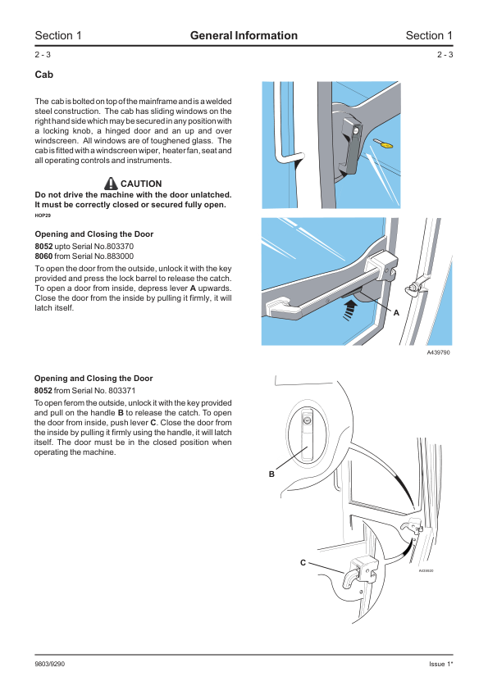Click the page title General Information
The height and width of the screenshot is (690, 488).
coord(244,35)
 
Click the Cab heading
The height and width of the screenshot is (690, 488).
coord(44,75)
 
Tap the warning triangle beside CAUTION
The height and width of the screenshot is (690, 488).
coord(111,183)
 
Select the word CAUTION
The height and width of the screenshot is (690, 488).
coord(141,184)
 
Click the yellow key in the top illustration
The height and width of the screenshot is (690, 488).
coord(383,143)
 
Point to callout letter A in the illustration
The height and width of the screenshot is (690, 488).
coord(396,313)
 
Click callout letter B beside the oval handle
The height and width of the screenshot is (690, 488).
coord(271,474)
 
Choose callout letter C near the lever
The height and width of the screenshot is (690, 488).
coord(303,562)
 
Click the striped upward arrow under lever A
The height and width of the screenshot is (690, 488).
coord(349,309)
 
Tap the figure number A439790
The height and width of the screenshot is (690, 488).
coord(438,352)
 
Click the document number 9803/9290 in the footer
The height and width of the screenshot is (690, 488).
coord(50,664)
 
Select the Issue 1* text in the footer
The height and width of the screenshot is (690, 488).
coord(441,664)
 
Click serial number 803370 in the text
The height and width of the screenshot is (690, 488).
coord(120,247)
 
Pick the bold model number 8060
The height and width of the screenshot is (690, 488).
coord(43,256)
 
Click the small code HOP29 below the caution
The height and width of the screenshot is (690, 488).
coord(43,216)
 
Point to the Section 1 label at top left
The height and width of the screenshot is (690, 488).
coord(58,35)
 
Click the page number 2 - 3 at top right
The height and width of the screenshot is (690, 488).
coord(445,55)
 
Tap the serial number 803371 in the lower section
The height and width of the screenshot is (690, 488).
coord(122,390)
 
